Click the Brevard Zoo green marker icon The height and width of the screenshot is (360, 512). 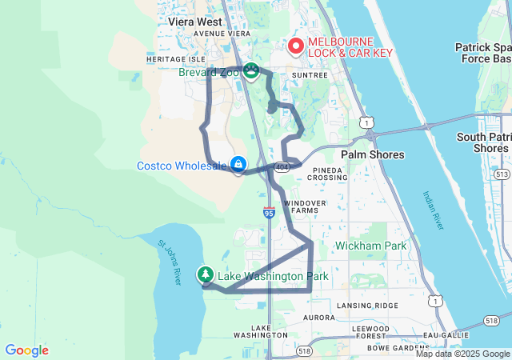[x=250, y=72]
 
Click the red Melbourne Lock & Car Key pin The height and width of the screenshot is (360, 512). [x=295, y=46]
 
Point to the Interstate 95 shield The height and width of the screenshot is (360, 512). [x=269, y=213]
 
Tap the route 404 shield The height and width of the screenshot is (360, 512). [x=282, y=167]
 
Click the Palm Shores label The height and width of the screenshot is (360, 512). [x=372, y=154]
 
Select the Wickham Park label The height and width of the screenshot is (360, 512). [x=370, y=246]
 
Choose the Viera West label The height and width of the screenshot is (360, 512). [x=195, y=22]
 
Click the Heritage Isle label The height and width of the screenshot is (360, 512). [x=176, y=59]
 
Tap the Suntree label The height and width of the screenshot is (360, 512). [x=310, y=75]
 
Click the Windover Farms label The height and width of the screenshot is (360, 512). [x=305, y=206]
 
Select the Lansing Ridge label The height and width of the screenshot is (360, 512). [x=367, y=306]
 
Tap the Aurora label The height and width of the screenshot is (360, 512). [x=319, y=318]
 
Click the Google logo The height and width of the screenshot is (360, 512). [x=26, y=350]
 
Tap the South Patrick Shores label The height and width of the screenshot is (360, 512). [x=483, y=142]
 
